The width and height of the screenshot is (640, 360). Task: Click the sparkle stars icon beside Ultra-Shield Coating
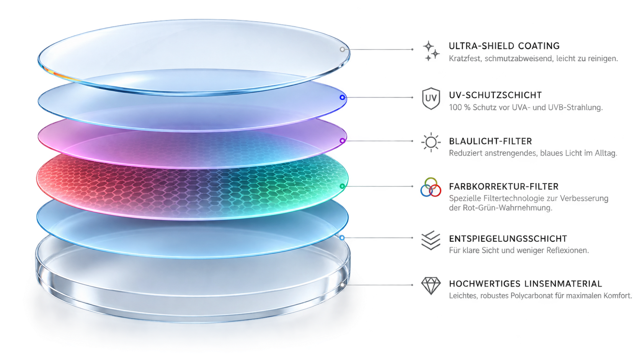[431, 51]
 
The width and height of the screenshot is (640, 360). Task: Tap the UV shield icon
[431, 98]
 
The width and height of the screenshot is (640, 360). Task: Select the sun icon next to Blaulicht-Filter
[431, 142]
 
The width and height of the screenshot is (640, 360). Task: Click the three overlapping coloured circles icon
[431, 187]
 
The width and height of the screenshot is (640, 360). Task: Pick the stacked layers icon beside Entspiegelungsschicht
[431, 240]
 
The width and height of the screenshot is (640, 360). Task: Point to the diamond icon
[431, 286]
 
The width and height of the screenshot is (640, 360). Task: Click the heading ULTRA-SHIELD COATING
[504, 46]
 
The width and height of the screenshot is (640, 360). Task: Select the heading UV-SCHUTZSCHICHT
[495, 95]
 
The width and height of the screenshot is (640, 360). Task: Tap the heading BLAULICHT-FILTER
[490, 141]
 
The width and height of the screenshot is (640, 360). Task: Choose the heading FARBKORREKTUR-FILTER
[503, 187]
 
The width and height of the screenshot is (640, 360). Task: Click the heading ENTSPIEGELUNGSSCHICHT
[508, 239]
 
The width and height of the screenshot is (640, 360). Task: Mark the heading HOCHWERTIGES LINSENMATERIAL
[526, 284]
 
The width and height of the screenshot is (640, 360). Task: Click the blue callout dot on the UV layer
[342, 98]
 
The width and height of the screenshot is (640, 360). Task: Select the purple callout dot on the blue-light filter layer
[342, 141]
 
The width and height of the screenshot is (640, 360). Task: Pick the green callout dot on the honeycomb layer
[342, 187]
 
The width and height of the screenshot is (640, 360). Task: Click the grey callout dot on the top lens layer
[342, 49]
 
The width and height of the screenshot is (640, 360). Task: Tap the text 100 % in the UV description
[460, 108]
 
